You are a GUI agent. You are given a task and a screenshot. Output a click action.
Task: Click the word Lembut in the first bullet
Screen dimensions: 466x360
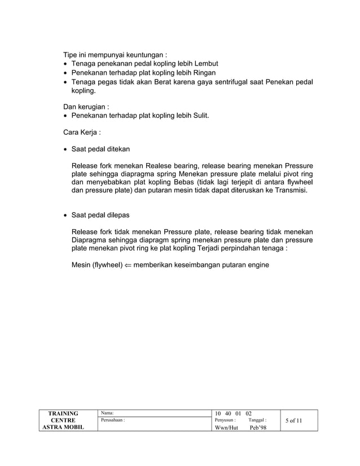[x=204, y=64]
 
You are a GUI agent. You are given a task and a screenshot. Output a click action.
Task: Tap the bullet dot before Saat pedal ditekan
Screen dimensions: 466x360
[x=66, y=150]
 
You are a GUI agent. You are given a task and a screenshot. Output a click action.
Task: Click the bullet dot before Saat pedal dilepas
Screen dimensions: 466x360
[x=66, y=216]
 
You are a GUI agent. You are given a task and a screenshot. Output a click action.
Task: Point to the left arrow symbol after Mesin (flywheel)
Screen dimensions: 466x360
[x=128, y=265]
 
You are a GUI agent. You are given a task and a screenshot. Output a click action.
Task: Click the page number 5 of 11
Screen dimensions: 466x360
[x=293, y=421]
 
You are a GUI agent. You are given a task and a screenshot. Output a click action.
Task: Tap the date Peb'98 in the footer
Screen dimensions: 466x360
[x=258, y=428]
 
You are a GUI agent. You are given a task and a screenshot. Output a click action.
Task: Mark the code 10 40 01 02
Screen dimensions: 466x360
[x=233, y=413]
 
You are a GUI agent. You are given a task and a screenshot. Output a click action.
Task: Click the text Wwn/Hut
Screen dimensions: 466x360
[x=227, y=428]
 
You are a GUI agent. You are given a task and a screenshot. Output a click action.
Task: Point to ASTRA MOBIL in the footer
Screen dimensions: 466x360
[x=63, y=428]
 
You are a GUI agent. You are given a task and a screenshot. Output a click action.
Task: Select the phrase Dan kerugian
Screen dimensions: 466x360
[x=85, y=106]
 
